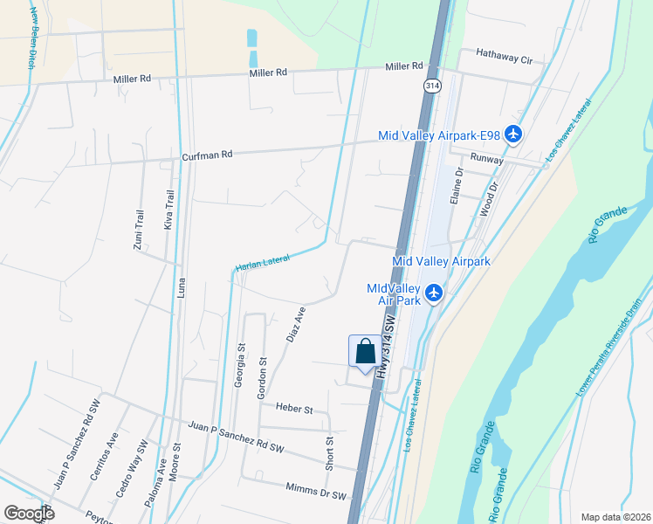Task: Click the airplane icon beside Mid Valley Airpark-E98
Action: [512, 134]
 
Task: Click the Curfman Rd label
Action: [207, 155]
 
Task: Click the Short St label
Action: [330, 454]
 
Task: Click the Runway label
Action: [487, 159]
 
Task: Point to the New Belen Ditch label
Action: [32, 39]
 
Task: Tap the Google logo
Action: [29, 514]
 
